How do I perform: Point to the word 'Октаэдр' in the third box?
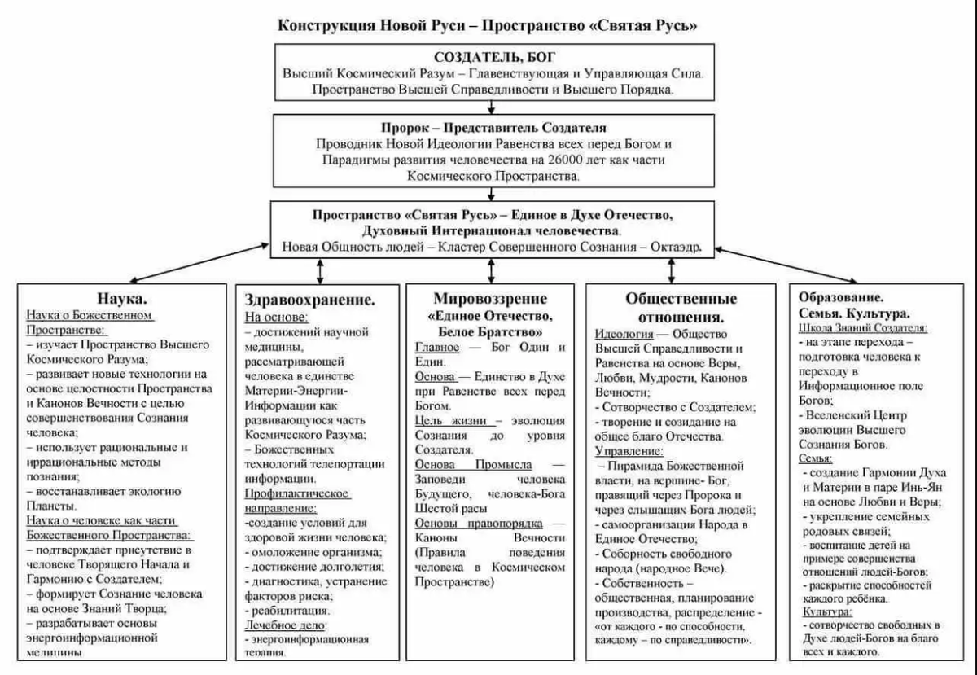675,247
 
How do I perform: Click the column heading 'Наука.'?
122,298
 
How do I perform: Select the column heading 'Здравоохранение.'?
310,300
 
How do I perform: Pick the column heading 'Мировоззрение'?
490,298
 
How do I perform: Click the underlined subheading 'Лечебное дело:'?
286,625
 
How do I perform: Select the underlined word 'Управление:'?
629,450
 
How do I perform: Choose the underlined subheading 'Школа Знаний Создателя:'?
863,327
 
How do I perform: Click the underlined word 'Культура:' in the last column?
828,611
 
